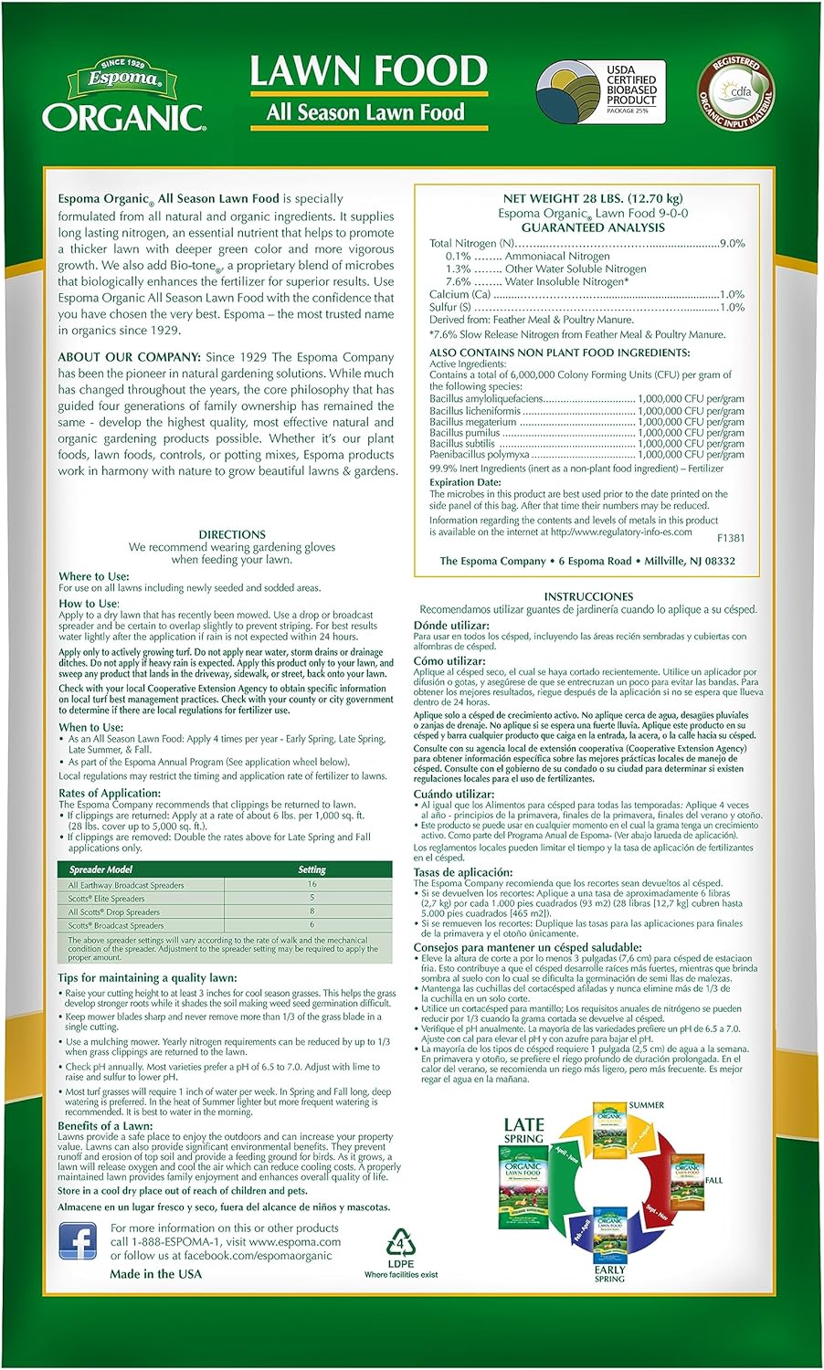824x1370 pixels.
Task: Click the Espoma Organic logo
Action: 123,97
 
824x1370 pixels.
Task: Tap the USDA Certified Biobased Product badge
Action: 600,91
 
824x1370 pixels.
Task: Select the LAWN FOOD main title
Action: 368,71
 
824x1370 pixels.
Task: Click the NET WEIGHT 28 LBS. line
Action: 592,198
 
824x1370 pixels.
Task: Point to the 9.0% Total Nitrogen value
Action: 732,244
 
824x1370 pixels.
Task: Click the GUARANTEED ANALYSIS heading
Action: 592,227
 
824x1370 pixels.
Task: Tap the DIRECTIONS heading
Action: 232,534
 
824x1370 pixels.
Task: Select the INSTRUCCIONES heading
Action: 588,596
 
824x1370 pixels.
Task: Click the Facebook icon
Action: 78,1241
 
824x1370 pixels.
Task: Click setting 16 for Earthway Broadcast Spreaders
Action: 312,884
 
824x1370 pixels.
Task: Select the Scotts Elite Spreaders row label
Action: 107,899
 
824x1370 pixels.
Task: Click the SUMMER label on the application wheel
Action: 646,1105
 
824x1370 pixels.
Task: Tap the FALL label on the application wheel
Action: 713,1180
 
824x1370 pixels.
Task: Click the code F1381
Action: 731,539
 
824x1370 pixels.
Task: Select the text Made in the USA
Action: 155,1274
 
